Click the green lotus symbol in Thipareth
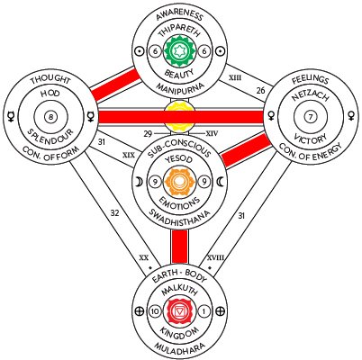tap(180, 50)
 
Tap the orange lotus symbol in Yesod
tap(179, 182)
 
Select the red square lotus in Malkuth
tap(179, 312)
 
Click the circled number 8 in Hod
tap(50, 117)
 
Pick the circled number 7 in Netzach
tap(310, 117)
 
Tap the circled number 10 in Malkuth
tap(155, 312)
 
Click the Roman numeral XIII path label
tap(235, 77)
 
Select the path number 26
tap(261, 90)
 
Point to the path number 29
tap(148, 134)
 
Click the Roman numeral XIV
tap(212, 133)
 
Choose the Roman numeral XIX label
tap(129, 155)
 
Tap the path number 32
tap(114, 213)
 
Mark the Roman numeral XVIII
tap(215, 257)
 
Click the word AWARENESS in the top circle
tap(179, 15)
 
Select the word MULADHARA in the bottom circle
tap(179, 347)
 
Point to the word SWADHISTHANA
tap(179, 217)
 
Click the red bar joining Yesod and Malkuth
tap(180, 247)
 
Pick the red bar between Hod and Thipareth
tap(115, 85)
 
